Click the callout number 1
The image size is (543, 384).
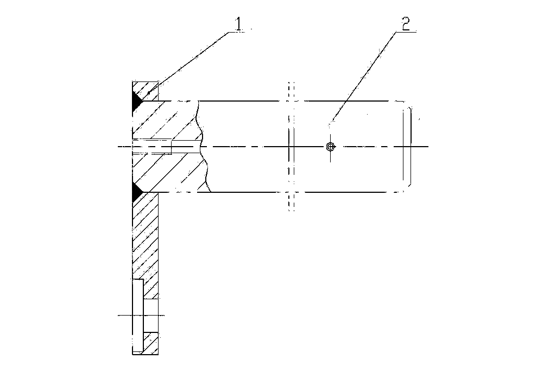click(x=238, y=24)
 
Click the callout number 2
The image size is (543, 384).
click(x=406, y=24)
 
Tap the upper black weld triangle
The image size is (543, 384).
click(x=136, y=101)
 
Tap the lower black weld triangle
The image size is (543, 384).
click(x=136, y=192)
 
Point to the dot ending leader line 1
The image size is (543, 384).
click(x=149, y=93)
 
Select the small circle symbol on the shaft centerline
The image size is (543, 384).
click(x=331, y=147)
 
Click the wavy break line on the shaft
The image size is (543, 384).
click(x=203, y=146)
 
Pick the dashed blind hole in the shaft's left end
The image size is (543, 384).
click(x=152, y=147)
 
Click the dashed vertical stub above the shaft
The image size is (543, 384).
click(x=291, y=91)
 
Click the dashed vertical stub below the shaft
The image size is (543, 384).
click(x=291, y=202)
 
